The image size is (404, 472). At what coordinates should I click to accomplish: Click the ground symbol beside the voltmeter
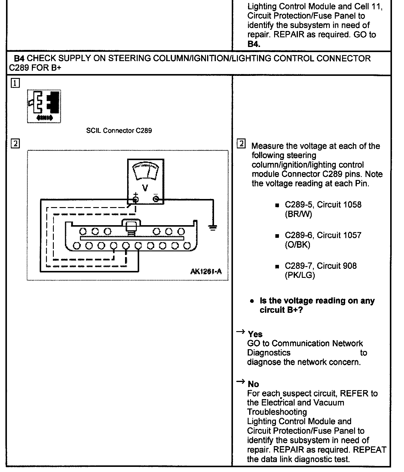pyautogui.click(x=213, y=228)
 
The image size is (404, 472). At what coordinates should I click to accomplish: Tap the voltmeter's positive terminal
pyautogui.click(x=136, y=199)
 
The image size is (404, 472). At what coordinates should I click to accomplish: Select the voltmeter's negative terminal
pyautogui.click(x=156, y=199)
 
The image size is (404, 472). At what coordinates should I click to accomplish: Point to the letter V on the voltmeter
pyautogui.click(x=145, y=188)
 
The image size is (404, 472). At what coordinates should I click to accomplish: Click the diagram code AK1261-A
pyautogui.click(x=206, y=272)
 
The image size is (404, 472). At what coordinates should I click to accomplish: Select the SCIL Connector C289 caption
pyautogui.click(x=119, y=131)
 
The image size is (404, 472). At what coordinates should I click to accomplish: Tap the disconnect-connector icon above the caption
pyautogui.click(x=44, y=106)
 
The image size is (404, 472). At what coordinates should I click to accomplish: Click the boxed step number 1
pyautogui.click(x=15, y=83)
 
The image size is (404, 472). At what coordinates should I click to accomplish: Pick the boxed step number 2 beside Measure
pyautogui.click(x=241, y=144)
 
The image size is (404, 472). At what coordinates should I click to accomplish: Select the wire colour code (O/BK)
pyautogui.click(x=297, y=245)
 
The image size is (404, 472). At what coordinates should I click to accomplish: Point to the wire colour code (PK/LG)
pyautogui.click(x=300, y=275)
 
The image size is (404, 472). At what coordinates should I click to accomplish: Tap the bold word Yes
pyautogui.click(x=255, y=334)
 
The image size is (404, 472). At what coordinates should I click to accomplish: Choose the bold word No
pyautogui.click(x=253, y=384)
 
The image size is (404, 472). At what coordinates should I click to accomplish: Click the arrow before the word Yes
pyautogui.click(x=240, y=332)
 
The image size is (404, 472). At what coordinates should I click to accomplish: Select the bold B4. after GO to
pyautogui.click(x=254, y=44)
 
